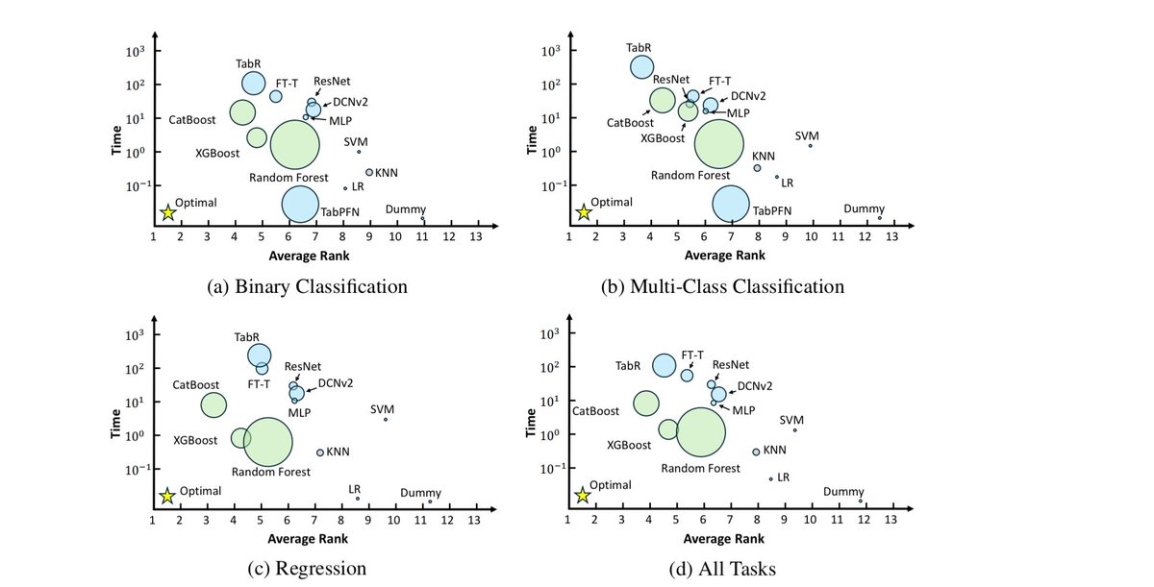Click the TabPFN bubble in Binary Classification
(300, 203)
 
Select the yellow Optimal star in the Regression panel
(167, 496)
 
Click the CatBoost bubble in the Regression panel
(213, 404)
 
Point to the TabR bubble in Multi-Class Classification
(642, 66)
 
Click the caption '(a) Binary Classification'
(308, 286)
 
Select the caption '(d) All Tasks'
(722, 569)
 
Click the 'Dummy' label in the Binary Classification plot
(405, 208)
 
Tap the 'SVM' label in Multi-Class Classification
(807, 135)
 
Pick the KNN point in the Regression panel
(320, 452)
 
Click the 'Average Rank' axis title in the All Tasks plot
(724, 538)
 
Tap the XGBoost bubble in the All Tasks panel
(667, 429)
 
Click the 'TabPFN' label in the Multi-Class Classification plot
(772, 209)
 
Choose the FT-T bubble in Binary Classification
(276, 96)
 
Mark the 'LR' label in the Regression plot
(354, 488)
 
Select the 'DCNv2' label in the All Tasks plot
(756, 385)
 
